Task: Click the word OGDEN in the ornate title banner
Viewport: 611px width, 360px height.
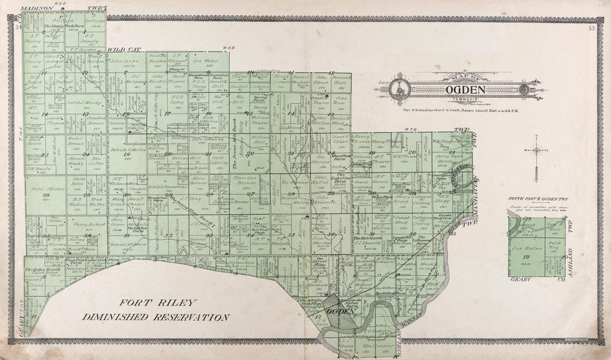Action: click(464, 89)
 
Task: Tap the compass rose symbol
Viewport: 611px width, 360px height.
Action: click(536, 150)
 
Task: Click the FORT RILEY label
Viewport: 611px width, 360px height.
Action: click(157, 303)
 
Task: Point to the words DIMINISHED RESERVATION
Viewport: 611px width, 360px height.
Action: click(156, 317)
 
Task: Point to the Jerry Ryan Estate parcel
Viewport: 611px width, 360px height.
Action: click(449, 158)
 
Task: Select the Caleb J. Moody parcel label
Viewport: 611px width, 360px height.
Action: click(85, 103)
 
